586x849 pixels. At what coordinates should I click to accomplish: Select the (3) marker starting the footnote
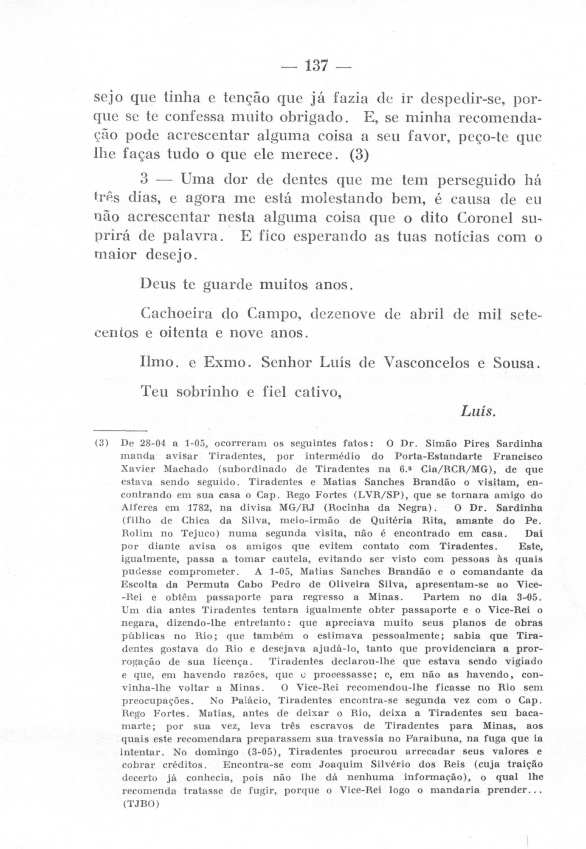click(102, 444)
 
